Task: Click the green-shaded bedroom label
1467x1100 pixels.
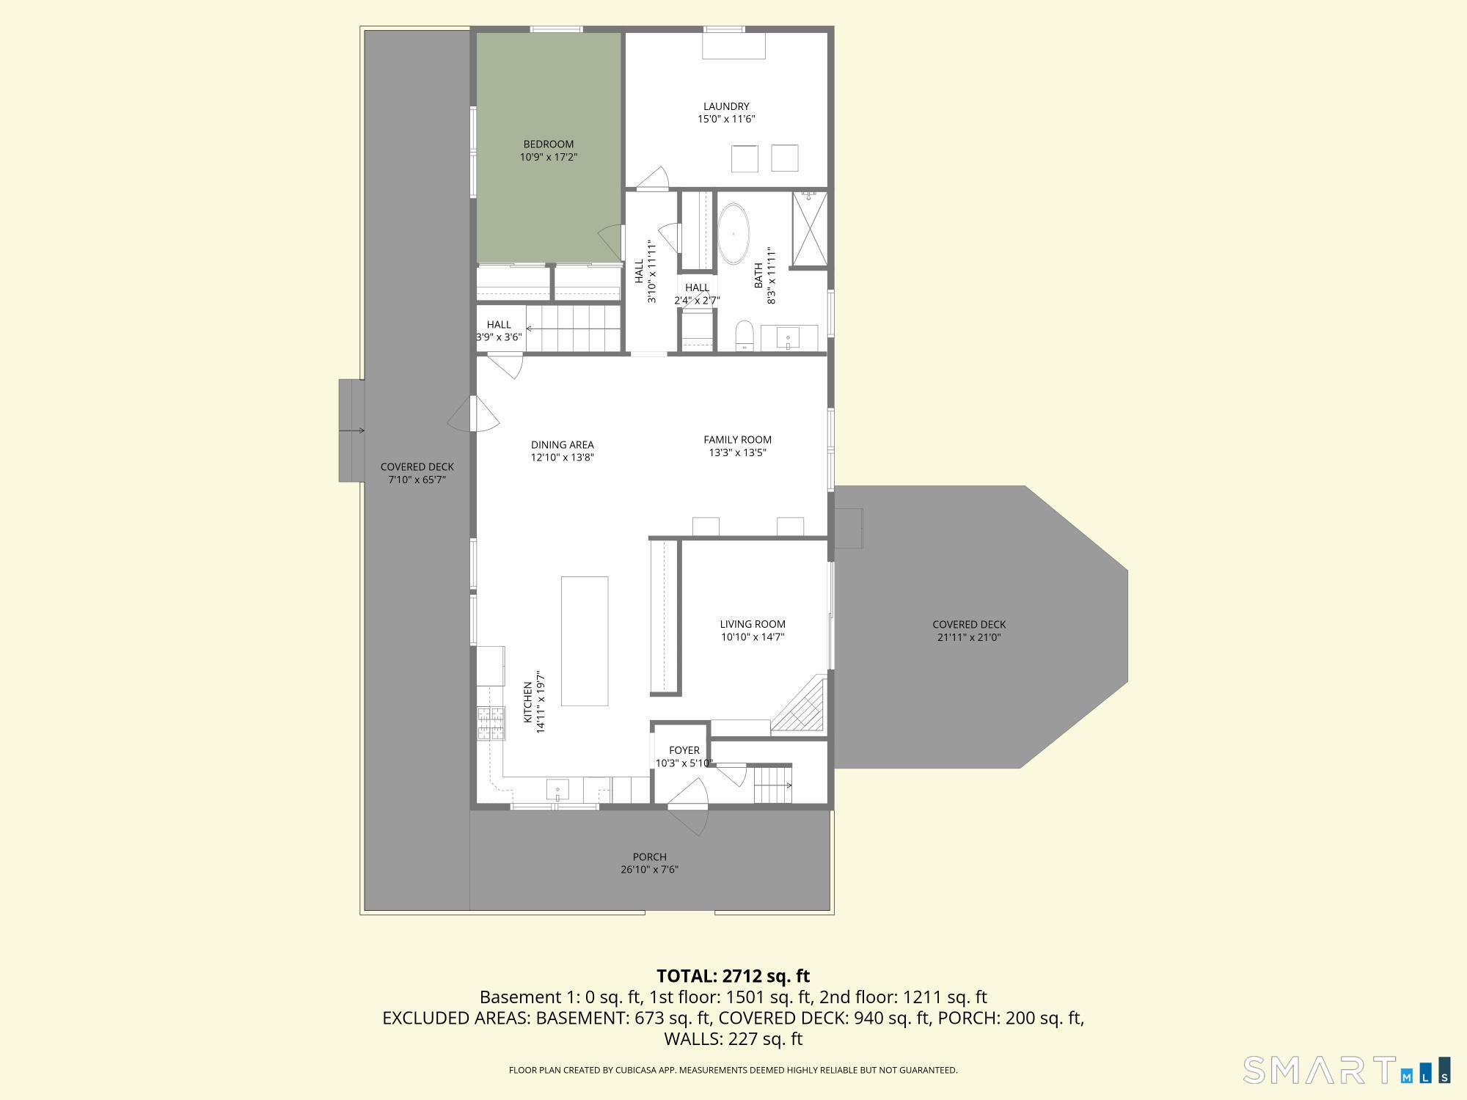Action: (548, 144)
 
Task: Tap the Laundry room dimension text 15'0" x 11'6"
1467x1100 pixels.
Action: (725, 119)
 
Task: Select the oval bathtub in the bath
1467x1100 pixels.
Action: (733, 234)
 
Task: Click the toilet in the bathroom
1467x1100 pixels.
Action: (745, 336)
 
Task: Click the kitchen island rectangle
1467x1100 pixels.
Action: (585, 641)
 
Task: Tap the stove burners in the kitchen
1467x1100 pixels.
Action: (491, 722)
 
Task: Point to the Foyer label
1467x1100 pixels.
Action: (684, 750)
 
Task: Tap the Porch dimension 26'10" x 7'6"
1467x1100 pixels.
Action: (649, 870)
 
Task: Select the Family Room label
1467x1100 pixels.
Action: (737, 440)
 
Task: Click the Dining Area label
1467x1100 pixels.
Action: (562, 445)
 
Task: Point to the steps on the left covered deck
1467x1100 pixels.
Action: (351, 430)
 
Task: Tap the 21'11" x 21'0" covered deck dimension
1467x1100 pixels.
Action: (968, 637)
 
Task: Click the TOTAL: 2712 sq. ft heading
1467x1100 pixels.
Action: (733, 976)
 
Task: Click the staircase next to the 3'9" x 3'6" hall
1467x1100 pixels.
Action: (572, 329)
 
